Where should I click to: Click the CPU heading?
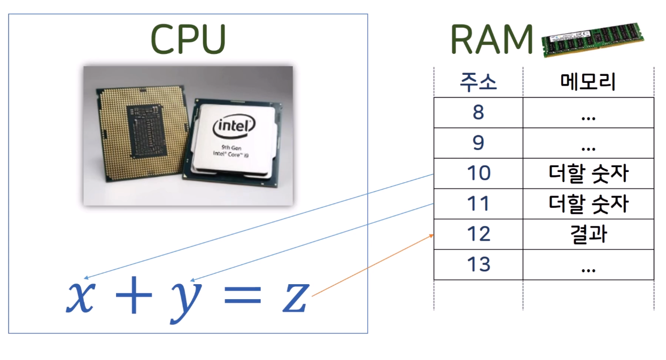(x=188, y=39)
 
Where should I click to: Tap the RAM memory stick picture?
(x=592, y=40)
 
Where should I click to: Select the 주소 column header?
(x=478, y=82)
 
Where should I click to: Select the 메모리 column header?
(x=588, y=82)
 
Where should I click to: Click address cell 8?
(x=478, y=113)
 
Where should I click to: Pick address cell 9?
(x=478, y=143)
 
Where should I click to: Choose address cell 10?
(x=478, y=174)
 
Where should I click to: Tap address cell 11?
(x=478, y=204)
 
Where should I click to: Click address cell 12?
(x=478, y=234)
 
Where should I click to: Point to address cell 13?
(x=478, y=265)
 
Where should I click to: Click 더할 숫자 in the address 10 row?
(x=588, y=174)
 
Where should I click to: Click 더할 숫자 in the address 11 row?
(x=588, y=204)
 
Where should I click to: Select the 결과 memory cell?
(x=588, y=234)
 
